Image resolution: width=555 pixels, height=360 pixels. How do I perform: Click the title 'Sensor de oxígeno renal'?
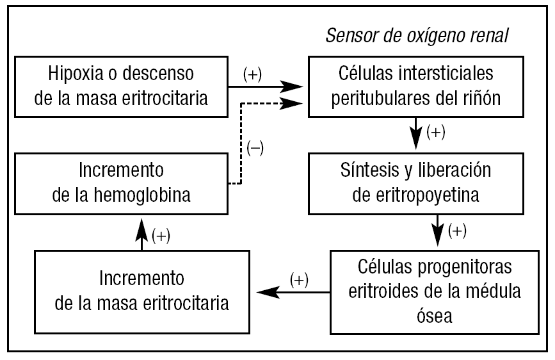(x=417, y=35)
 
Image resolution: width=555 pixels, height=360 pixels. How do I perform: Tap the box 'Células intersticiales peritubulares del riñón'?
(x=417, y=86)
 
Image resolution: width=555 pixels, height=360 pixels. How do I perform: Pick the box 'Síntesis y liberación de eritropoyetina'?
(x=417, y=183)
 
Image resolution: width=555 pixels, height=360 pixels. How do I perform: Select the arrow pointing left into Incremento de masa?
(x=291, y=292)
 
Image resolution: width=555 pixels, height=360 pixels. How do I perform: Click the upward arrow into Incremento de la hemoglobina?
(x=142, y=234)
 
